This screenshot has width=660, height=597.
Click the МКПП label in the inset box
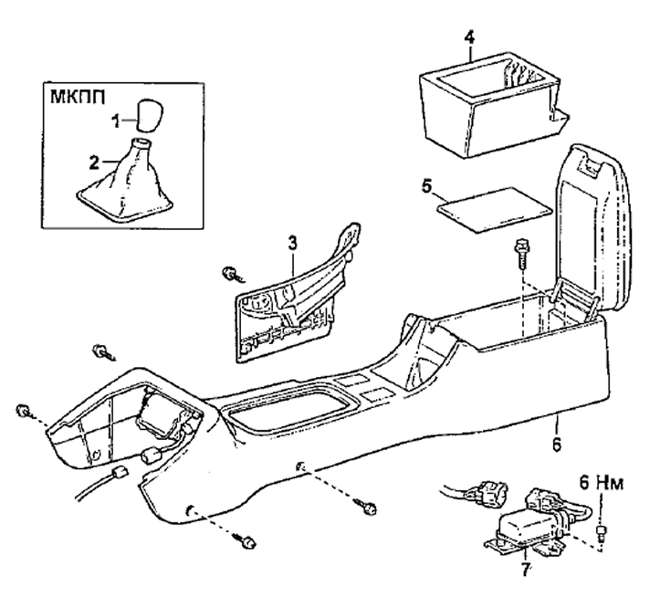point(78,97)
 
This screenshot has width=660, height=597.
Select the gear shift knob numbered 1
point(151,114)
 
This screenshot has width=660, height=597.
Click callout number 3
point(292,244)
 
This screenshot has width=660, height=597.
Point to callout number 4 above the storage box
point(469,38)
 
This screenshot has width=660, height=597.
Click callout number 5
point(427,186)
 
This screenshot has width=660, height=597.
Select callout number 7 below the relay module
point(525,570)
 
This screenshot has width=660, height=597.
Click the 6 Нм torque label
point(601,483)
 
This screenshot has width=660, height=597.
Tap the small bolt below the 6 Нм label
point(601,532)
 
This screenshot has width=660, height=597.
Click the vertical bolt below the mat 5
point(521,254)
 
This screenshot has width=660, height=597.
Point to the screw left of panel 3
point(232,275)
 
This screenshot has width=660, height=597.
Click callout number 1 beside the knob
point(115,121)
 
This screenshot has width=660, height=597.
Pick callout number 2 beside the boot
point(94,162)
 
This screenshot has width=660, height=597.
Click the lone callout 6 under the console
point(557,445)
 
